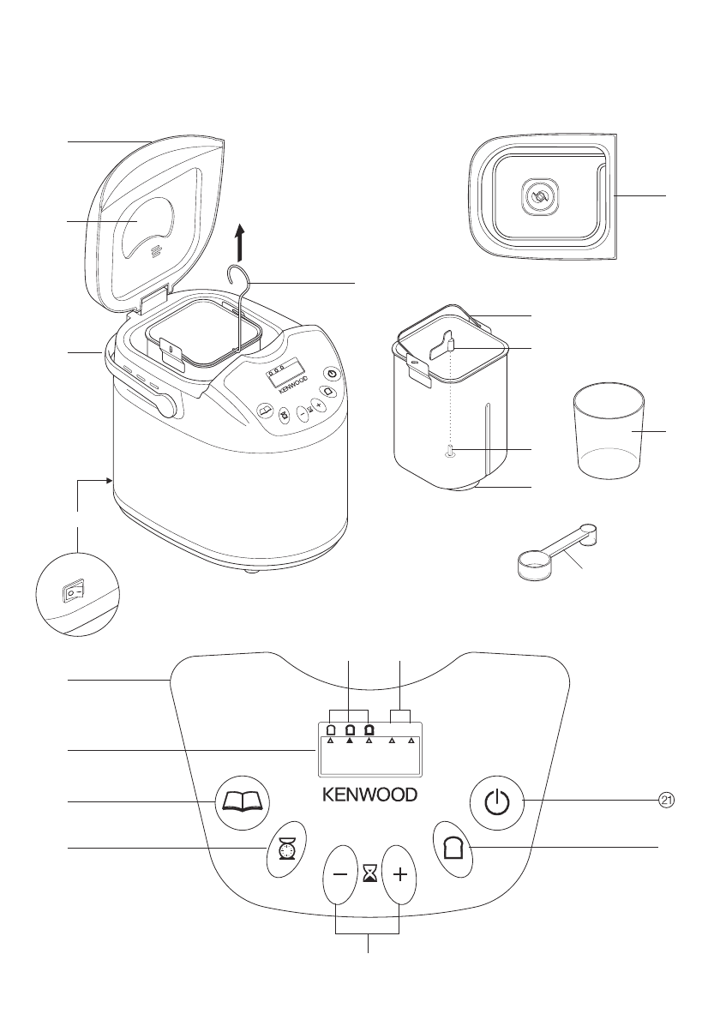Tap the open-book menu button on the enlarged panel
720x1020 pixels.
[x=242, y=802]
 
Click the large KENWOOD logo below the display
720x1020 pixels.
[x=369, y=794]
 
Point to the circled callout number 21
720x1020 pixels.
[x=666, y=800]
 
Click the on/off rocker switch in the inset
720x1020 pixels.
[x=73, y=591]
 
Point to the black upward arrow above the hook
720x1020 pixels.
[x=241, y=242]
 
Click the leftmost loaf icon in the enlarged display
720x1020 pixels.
[x=330, y=730]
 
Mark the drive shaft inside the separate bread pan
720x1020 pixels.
[x=449, y=453]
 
